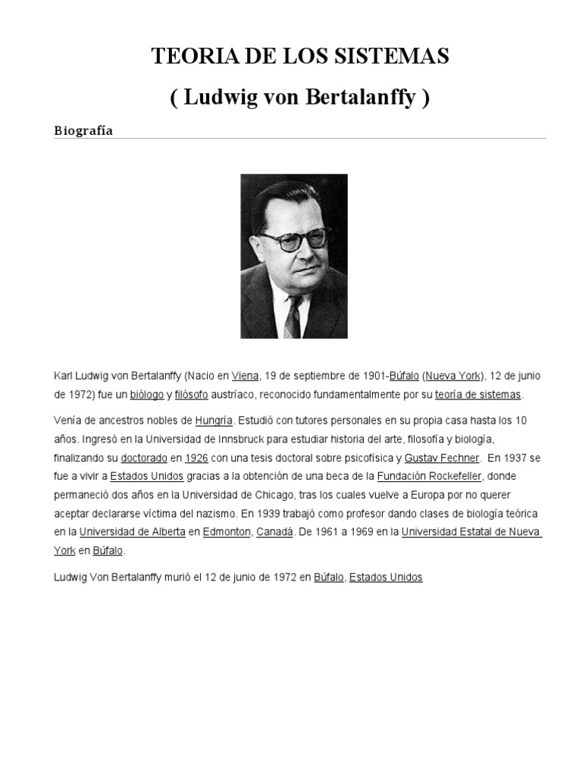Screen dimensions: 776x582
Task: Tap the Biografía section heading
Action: pyautogui.click(x=83, y=130)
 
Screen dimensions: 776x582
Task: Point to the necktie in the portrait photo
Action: pyautogui.click(x=293, y=318)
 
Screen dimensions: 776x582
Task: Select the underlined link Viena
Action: pyautogui.click(x=245, y=376)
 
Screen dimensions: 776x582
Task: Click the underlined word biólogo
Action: pyautogui.click(x=146, y=395)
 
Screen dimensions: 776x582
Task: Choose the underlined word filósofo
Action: pyautogui.click(x=191, y=395)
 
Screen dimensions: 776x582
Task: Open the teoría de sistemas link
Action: pyautogui.click(x=477, y=395)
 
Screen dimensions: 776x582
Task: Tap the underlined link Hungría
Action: pyautogui.click(x=214, y=420)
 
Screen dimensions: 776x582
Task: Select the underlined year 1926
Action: pyautogui.click(x=196, y=458)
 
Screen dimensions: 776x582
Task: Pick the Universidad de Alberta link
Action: pyautogui.click(x=133, y=532)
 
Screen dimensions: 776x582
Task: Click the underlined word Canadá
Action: pyautogui.click(x=274, y=532)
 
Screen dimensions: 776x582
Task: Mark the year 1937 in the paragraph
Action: pyautogui.click(x=515, y=458)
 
